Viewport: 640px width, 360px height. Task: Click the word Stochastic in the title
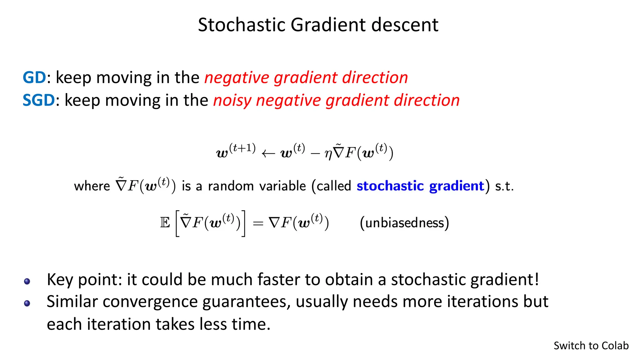click(x=241, y=25)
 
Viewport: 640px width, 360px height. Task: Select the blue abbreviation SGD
click(x=39, y=100)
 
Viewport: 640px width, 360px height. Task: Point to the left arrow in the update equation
click(x=268, y=153)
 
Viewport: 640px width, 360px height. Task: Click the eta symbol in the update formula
click(x=328, y=154)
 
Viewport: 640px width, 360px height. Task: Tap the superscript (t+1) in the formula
click(x=242, y=148)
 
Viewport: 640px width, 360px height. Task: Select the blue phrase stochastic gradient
click(x=420, y=186)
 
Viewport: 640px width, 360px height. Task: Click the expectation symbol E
click(x=165, y=223)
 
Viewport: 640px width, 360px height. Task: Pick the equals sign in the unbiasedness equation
click(x=258, y=223)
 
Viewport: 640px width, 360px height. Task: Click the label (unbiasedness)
click(x=404, y=223)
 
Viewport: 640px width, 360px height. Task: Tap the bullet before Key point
click(x=27, y=282)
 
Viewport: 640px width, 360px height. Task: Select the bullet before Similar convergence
click(x=27, y=303)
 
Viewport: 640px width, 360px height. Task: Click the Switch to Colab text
click(x=591, y=346)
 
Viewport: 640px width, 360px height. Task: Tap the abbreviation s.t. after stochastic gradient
click(x=504, y=186)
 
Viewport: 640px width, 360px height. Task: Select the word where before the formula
click(x=92, y=186)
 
